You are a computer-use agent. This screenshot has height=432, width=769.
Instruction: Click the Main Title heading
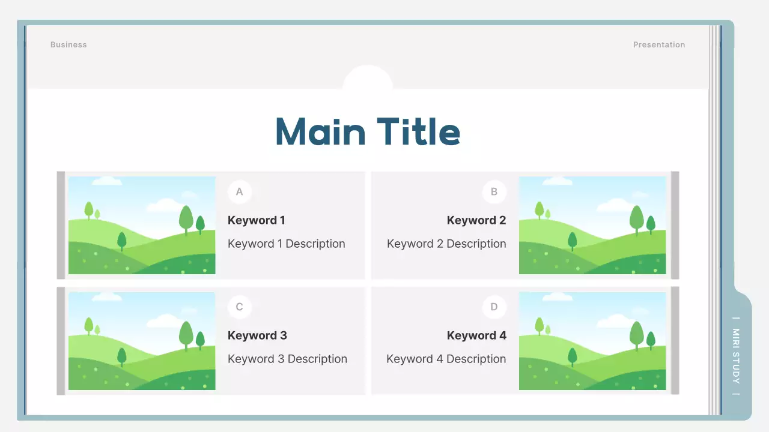point(368,131)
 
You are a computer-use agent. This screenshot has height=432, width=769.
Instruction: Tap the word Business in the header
point(68,45)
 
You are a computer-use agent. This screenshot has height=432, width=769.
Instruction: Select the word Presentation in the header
point(658,45)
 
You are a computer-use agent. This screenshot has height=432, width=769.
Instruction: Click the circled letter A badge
point(240,192)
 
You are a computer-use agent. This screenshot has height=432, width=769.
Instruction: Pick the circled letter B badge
point(494,192)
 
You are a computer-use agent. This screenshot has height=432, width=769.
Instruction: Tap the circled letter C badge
point(240,307)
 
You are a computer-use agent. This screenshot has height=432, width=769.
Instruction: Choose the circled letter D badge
point(494,307)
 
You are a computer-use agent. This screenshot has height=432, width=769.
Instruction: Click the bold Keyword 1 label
point(257,220)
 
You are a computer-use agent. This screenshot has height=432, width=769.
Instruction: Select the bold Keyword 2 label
point(476,220)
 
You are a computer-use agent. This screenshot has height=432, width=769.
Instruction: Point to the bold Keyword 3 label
point(257,335)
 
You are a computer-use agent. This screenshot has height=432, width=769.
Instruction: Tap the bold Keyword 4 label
point(476,335)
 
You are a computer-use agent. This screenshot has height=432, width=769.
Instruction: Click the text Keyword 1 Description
point(287,244)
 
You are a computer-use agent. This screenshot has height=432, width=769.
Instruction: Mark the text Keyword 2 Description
point(446,244)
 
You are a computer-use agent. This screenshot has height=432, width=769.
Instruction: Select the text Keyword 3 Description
point(287,359)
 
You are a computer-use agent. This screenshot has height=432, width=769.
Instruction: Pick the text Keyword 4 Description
point(446,359)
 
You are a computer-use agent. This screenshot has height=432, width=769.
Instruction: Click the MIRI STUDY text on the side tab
point(736,356)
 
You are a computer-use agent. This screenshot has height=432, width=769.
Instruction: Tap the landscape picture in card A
point(142,225)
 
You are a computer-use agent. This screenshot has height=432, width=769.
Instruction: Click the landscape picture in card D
point(592,341)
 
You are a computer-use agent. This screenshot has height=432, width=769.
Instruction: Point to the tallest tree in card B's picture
point(636,218)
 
